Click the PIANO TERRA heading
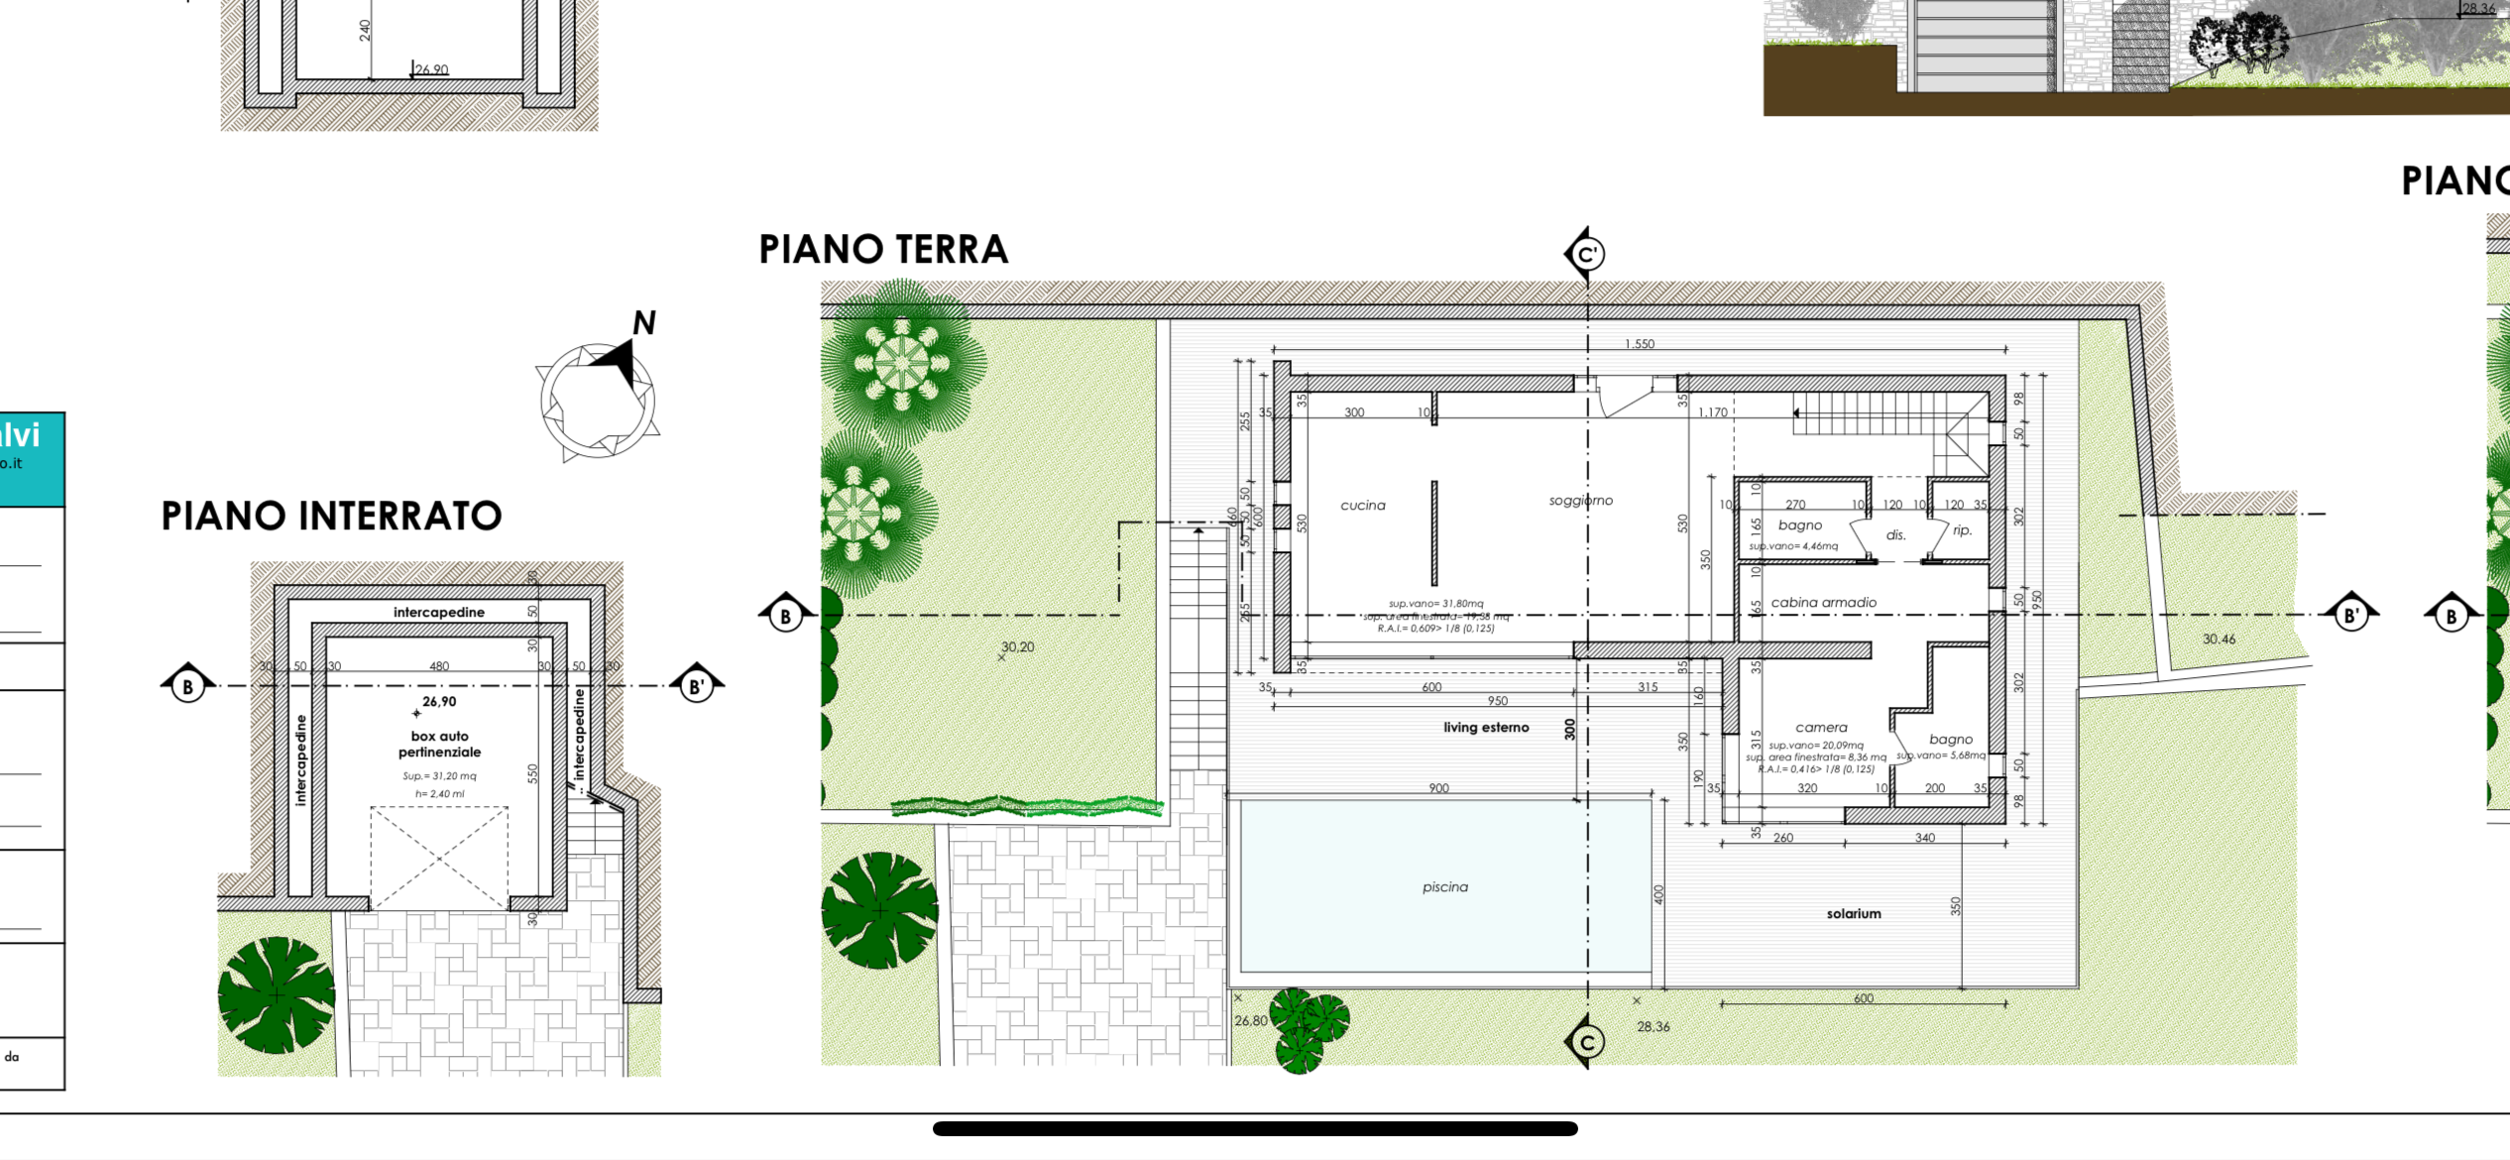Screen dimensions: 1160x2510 (x=883, y=250)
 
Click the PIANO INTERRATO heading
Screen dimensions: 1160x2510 (x=331, y=517)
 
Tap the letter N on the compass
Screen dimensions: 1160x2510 (x=644, y=323)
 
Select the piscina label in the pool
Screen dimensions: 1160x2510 (x=1445, y=887)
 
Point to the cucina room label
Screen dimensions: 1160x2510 (x=1363, y=506)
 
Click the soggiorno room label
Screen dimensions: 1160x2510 (x=1581, y=501)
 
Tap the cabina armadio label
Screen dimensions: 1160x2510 (x=1824, y=603)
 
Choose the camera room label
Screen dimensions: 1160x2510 (x=1822, y=728)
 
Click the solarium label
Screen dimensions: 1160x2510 (x=1854, y=914)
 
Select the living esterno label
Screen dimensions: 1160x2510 (x=1486, y=728)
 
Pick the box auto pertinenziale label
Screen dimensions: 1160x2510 (x=439, y=744)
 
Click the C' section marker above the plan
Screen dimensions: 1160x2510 (x=1586, y=255)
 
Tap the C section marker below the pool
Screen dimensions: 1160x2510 (x=1586, y=1042)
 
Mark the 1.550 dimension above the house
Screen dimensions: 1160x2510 (x=1640, y=344)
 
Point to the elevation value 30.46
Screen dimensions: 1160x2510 (x=2220, y=639)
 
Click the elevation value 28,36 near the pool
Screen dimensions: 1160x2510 (x=1654, y=1027)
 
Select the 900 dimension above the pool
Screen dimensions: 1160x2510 (x=1439, y=788)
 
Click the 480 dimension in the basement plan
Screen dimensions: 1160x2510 (x=439, y=666)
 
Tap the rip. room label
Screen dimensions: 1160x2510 (x=1963, y=530)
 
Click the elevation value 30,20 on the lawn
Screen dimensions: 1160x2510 (x=1017, y=646)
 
